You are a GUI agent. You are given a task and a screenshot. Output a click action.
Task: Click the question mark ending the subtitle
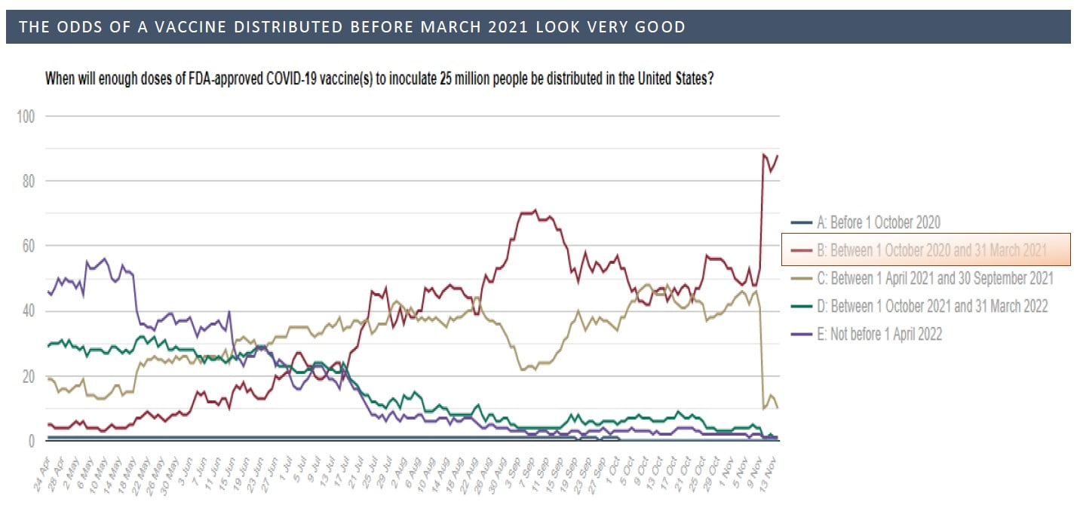click(710, 78)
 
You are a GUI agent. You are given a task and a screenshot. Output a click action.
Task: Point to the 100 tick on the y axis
click(27, 116)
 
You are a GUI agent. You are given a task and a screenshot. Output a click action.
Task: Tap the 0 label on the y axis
click(32, 441)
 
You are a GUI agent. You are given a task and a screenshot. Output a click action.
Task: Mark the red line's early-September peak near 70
click(534, 211)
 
